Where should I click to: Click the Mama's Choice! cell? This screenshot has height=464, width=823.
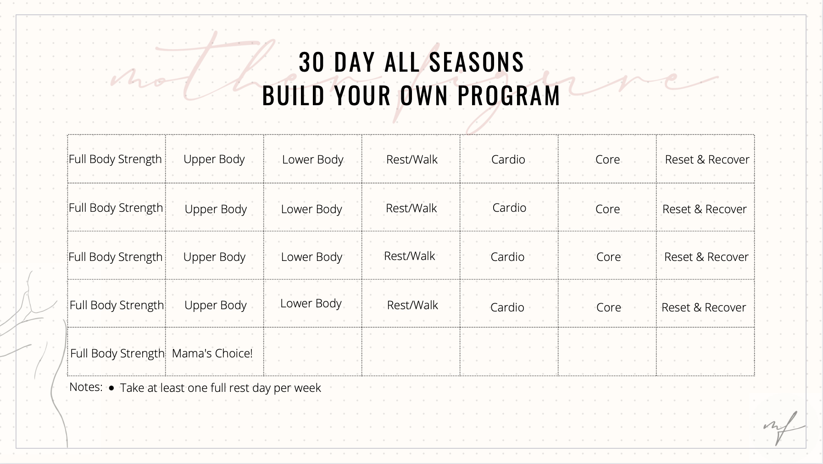pos(212,353)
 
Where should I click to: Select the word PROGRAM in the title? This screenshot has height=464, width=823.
pos(509,96)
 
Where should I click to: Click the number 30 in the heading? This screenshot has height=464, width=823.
pos(311,62)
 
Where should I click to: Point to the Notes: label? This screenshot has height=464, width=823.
pos(86,387)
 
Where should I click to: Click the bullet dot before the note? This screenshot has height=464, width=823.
pos(111,388)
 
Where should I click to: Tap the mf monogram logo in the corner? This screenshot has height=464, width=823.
pos(783,427)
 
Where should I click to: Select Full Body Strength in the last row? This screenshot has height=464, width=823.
pos(117,353)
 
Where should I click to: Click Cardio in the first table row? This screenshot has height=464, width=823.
pos(508,159)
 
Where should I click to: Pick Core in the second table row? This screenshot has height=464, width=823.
pos(607,209)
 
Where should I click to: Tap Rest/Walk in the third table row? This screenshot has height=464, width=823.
pos(409,256)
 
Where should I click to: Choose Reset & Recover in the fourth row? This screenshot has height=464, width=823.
pos(704,307)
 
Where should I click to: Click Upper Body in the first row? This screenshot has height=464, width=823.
pos(214,159)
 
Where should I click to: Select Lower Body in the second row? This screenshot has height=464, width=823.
pos(311,209)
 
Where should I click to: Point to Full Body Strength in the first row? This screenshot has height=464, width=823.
pos(115,159)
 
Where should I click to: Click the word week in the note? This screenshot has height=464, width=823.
pos(307,388)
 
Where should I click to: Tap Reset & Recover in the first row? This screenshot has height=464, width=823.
pos(707,159)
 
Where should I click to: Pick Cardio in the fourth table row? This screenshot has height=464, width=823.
pos(507,307)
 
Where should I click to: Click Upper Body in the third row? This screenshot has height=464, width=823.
pos(214,257)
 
